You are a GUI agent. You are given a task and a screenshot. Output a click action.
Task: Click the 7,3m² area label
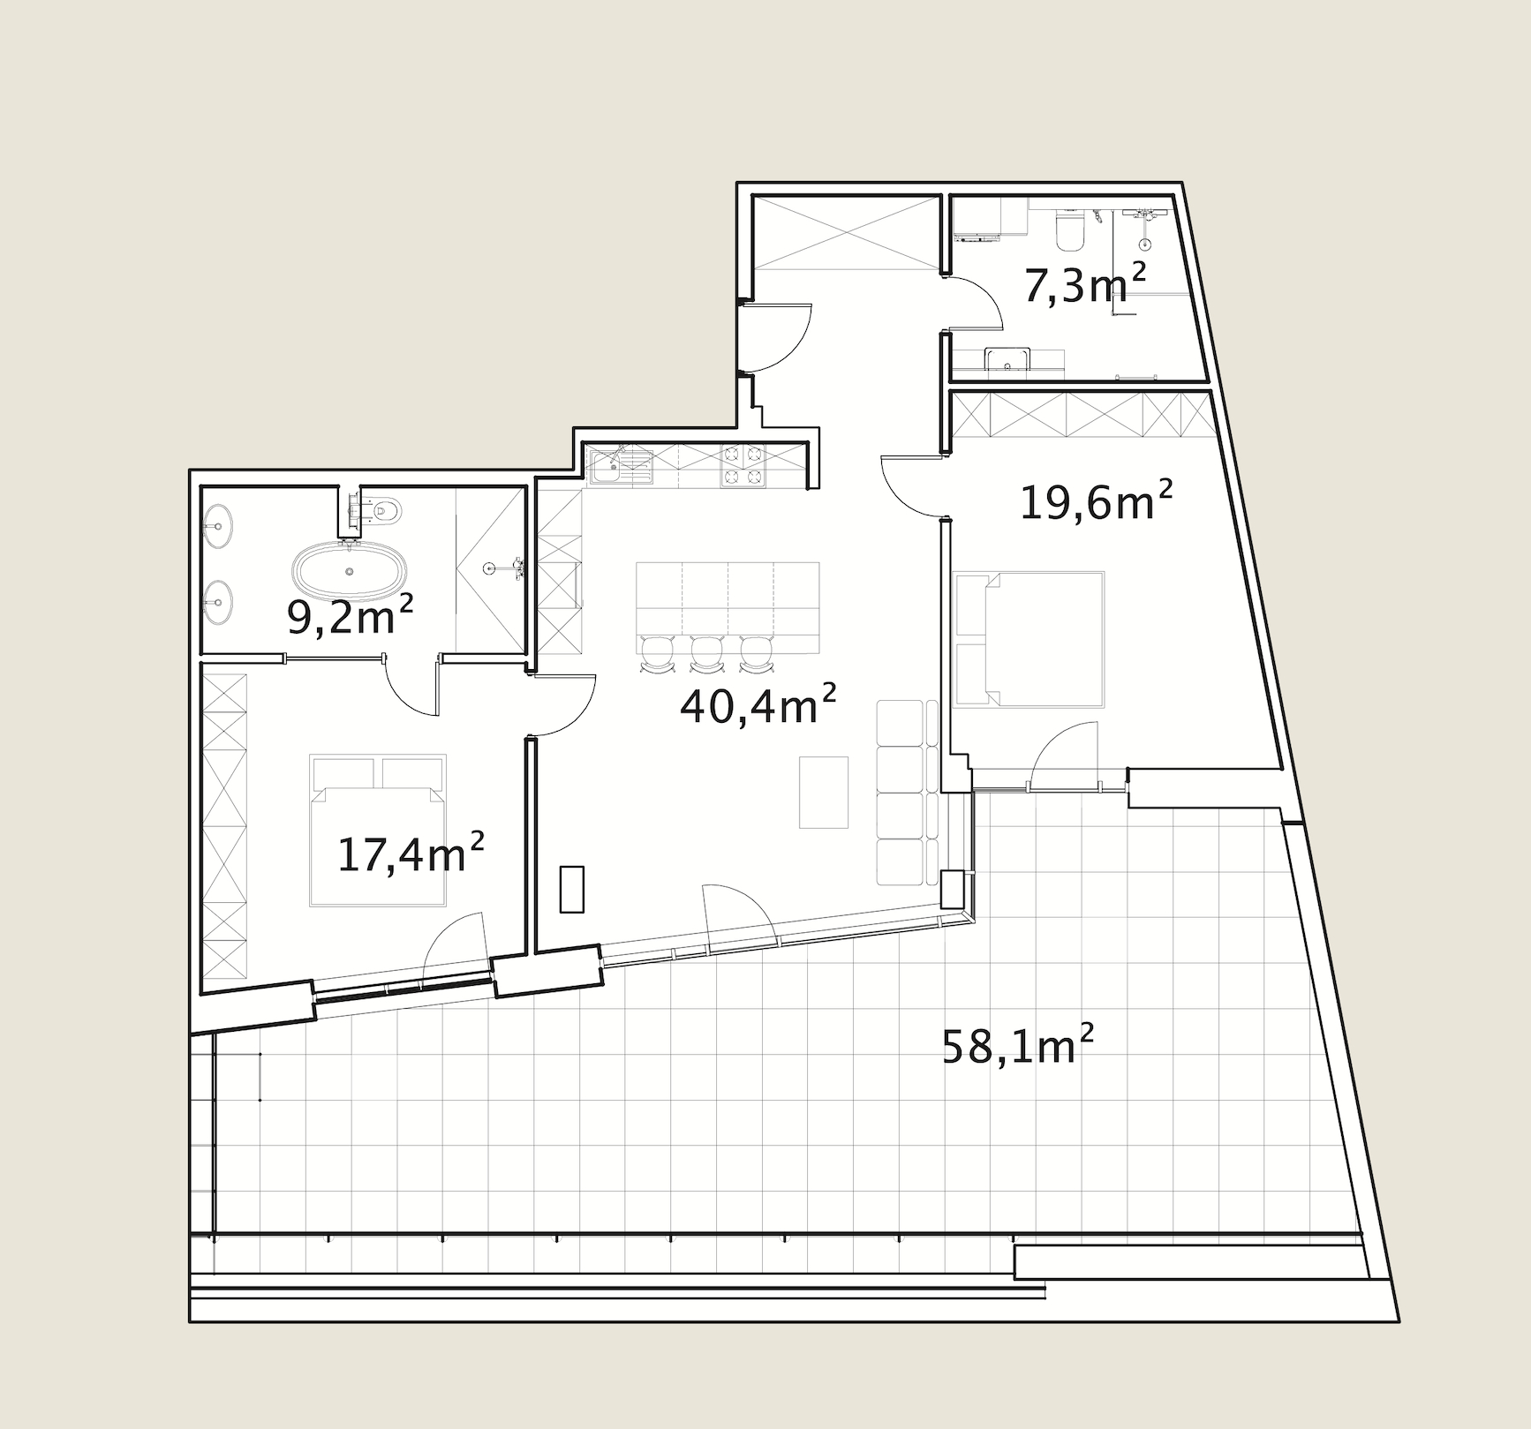tap(1084, 284)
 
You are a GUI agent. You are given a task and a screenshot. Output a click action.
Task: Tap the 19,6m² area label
tap(1096, 500)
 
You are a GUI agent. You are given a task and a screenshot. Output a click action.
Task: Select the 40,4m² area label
tap(758, 704)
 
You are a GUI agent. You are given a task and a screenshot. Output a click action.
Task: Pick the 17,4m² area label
tap(411, 854)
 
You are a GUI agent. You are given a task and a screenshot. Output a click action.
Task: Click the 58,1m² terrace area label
tap(1018, 1045)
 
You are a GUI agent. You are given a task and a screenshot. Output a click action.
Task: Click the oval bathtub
tap(351, 570)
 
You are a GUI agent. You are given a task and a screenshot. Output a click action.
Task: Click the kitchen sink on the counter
tap(621, 465)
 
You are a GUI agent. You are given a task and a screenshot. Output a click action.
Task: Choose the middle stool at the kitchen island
tap(707, 654)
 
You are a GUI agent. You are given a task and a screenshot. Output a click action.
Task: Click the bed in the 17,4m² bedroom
tap(378, 830)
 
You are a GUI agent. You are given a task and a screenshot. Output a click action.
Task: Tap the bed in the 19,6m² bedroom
tap(1029, 639)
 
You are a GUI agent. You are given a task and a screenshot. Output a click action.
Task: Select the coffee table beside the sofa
tap(824, 792)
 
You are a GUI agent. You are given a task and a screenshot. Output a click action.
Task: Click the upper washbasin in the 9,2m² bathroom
tap(217, 527)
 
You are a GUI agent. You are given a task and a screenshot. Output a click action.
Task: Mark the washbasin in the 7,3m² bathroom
tap(1007, 359)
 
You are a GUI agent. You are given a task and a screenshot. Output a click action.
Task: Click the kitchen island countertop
tap(728, 607)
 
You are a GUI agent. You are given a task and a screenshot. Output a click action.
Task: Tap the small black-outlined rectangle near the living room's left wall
tap(572, 889)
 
